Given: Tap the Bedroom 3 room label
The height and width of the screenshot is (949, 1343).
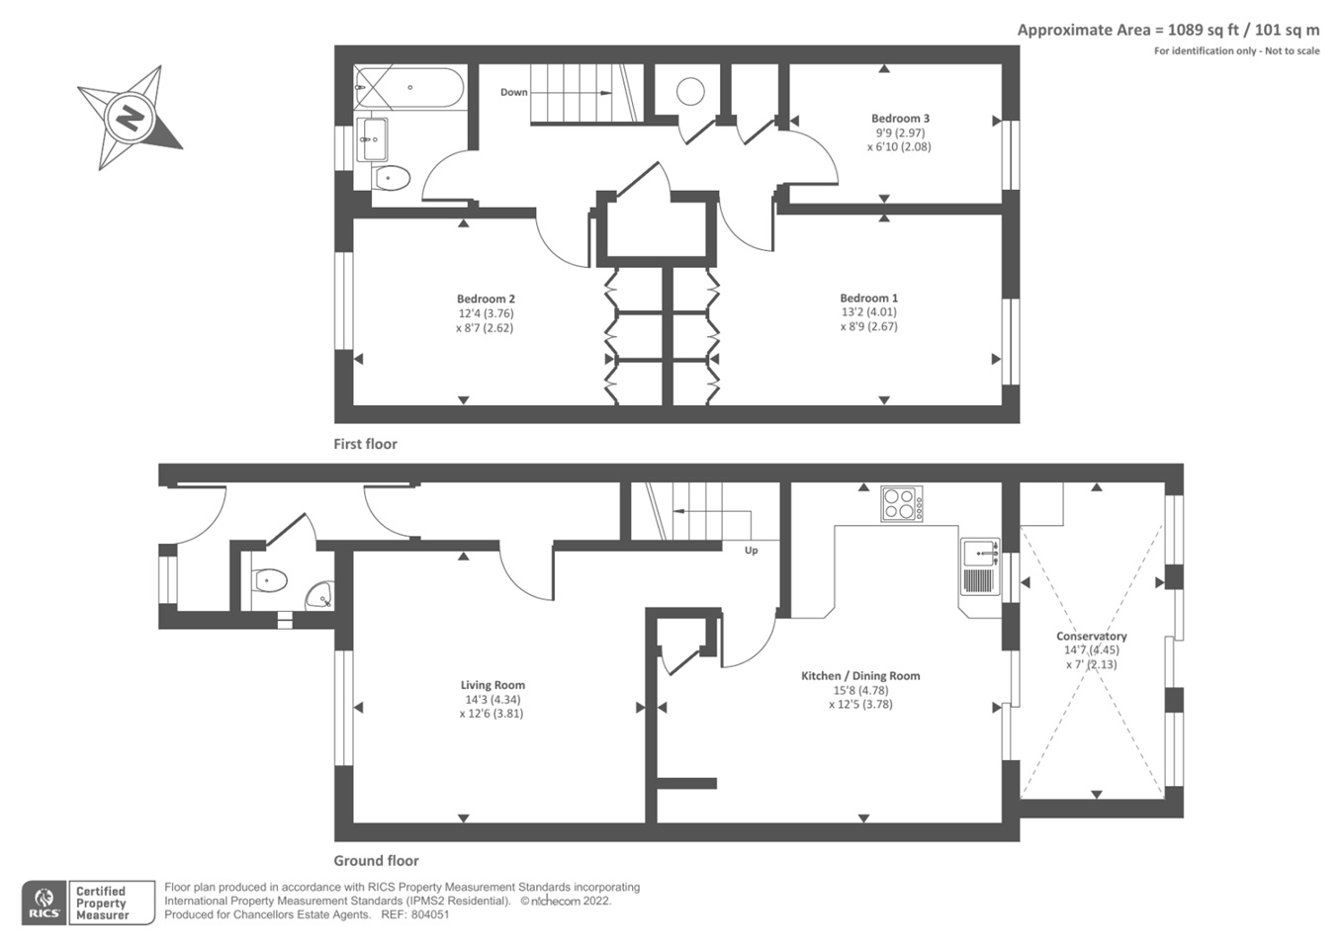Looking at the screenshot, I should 900,119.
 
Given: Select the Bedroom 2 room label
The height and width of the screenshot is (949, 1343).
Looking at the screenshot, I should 486,299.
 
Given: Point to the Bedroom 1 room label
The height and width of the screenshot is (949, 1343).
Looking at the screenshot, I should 868,298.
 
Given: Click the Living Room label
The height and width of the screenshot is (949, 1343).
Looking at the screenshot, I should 492,685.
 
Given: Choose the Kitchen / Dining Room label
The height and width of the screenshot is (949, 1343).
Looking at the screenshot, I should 860,676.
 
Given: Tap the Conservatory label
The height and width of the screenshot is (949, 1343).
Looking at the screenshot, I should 1091,637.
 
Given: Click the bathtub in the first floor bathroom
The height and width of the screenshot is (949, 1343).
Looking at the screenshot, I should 408,88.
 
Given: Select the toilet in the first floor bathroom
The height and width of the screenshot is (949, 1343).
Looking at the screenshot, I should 392,179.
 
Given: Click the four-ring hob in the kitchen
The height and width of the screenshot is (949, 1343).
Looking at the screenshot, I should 902,504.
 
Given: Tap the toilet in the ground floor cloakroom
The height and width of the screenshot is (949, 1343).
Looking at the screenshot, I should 269,580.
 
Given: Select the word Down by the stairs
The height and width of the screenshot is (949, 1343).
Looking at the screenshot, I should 513,93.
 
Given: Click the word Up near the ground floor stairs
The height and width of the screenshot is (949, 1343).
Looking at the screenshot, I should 751,551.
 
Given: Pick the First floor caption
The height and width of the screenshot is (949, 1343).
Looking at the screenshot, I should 365,445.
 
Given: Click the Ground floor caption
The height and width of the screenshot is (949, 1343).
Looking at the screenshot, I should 376,861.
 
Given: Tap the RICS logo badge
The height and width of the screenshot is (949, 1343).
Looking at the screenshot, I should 44,903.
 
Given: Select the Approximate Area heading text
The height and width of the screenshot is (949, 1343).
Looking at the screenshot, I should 1168,30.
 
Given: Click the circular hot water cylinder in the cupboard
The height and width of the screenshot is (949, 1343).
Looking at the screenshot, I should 690,92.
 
